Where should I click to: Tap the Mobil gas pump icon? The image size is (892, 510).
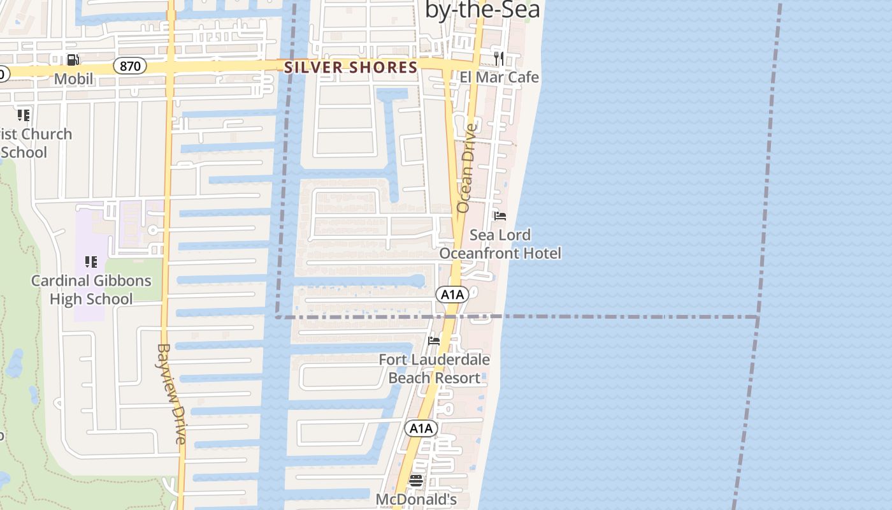point(73,60)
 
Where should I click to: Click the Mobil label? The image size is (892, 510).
point(73,78)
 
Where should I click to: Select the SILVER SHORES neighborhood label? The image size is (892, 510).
point(351,67)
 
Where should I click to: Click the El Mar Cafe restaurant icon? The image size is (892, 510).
point(500,59)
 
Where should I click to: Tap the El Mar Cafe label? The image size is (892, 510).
point(500,77)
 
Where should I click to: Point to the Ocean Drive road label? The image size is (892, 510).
point(466,168)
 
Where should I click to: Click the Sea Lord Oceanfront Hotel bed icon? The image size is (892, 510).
point(500,216)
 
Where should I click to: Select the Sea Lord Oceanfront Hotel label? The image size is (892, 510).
point(500,244)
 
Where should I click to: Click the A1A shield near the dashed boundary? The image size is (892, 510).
point(452,295)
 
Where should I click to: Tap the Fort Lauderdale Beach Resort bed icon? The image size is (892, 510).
point(434,340)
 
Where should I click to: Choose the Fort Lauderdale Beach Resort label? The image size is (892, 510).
point(435,368)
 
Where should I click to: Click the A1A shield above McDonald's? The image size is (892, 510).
point(421,428)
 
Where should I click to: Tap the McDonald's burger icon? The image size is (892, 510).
point(416,481)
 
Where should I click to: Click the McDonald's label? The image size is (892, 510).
point(416,499)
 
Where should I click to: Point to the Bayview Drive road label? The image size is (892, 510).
point(171,394)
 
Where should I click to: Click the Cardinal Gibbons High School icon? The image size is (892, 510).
point(91,262)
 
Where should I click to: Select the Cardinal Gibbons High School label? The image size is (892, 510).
point(91,289)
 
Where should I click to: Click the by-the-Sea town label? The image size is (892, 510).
point(482,10)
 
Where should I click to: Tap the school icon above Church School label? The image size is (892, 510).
point(24,115)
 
